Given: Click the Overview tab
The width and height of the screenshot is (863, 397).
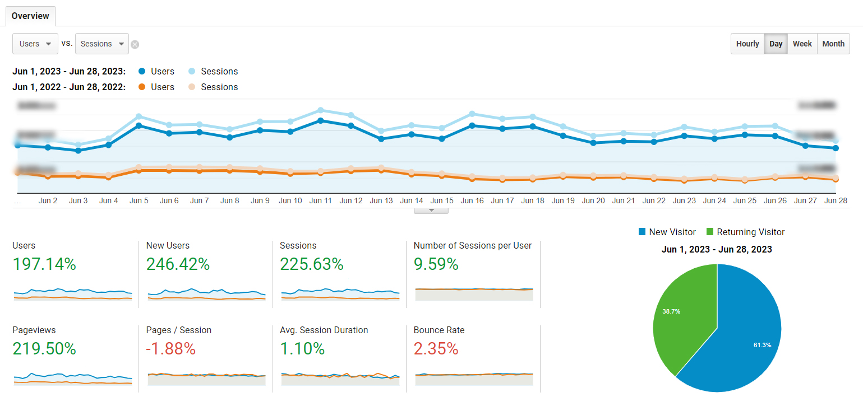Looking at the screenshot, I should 30,16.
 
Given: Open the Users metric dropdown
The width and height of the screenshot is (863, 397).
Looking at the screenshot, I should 35,44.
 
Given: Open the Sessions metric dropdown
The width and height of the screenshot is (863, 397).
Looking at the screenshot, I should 101,44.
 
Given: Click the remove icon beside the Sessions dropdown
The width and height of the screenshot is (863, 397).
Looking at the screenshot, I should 135,44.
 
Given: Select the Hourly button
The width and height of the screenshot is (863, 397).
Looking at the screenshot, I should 747,44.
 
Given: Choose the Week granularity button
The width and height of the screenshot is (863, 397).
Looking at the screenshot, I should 802,44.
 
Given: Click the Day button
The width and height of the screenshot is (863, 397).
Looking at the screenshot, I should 776,44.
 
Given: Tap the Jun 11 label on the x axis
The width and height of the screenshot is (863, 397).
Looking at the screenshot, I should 320,200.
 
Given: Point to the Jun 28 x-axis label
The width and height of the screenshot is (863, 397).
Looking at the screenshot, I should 836,200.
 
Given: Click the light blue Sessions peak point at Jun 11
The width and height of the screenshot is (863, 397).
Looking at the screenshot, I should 320,110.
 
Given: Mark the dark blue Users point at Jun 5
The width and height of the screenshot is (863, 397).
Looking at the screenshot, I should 139,125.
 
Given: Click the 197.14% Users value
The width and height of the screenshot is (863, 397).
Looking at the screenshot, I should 44,264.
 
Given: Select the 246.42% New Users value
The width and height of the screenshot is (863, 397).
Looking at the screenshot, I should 178,264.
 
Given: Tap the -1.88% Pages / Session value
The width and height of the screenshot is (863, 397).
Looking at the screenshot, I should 170,349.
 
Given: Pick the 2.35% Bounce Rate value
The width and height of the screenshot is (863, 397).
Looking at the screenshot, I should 436,349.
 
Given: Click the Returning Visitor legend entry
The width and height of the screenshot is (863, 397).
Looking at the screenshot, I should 745,232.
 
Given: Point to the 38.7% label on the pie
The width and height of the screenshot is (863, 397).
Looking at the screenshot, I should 671,311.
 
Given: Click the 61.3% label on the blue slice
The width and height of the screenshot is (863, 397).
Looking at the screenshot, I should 762,345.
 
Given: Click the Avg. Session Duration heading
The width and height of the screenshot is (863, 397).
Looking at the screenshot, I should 324,330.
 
